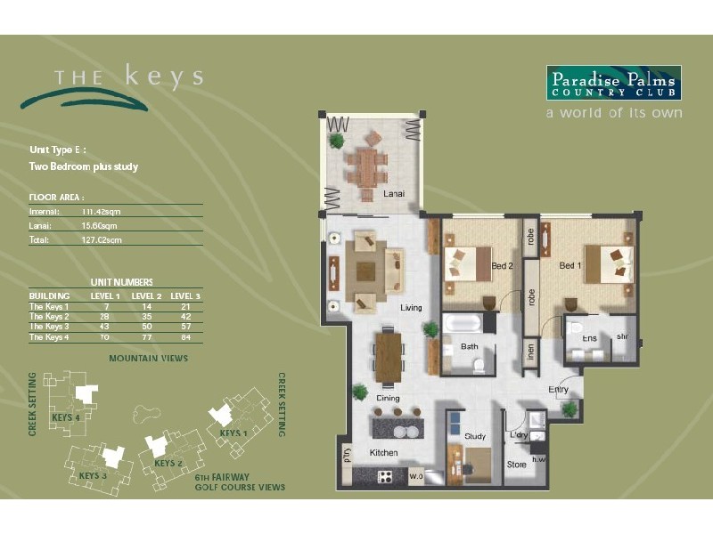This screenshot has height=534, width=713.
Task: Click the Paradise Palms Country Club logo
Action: coord(613,83)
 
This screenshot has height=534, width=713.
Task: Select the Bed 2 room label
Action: coord(502,265)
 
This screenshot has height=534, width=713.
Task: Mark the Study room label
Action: coord(474,436)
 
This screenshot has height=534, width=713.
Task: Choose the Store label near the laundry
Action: coord(517,464)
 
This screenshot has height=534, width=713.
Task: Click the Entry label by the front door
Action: coord(559,390)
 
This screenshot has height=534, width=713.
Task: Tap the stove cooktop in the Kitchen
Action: coord(386,476)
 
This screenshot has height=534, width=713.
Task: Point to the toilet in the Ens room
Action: coord(576,327)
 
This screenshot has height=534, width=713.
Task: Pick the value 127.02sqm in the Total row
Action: coord(101,239)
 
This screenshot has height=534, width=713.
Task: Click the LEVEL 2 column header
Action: coord(146,295)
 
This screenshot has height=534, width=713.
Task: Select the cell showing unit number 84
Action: coord(185,337)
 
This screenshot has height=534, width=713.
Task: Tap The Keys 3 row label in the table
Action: coord(49,327)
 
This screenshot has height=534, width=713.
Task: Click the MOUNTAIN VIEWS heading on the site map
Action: coord(148,359)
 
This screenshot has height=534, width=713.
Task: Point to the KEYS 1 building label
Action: coord(233,433)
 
